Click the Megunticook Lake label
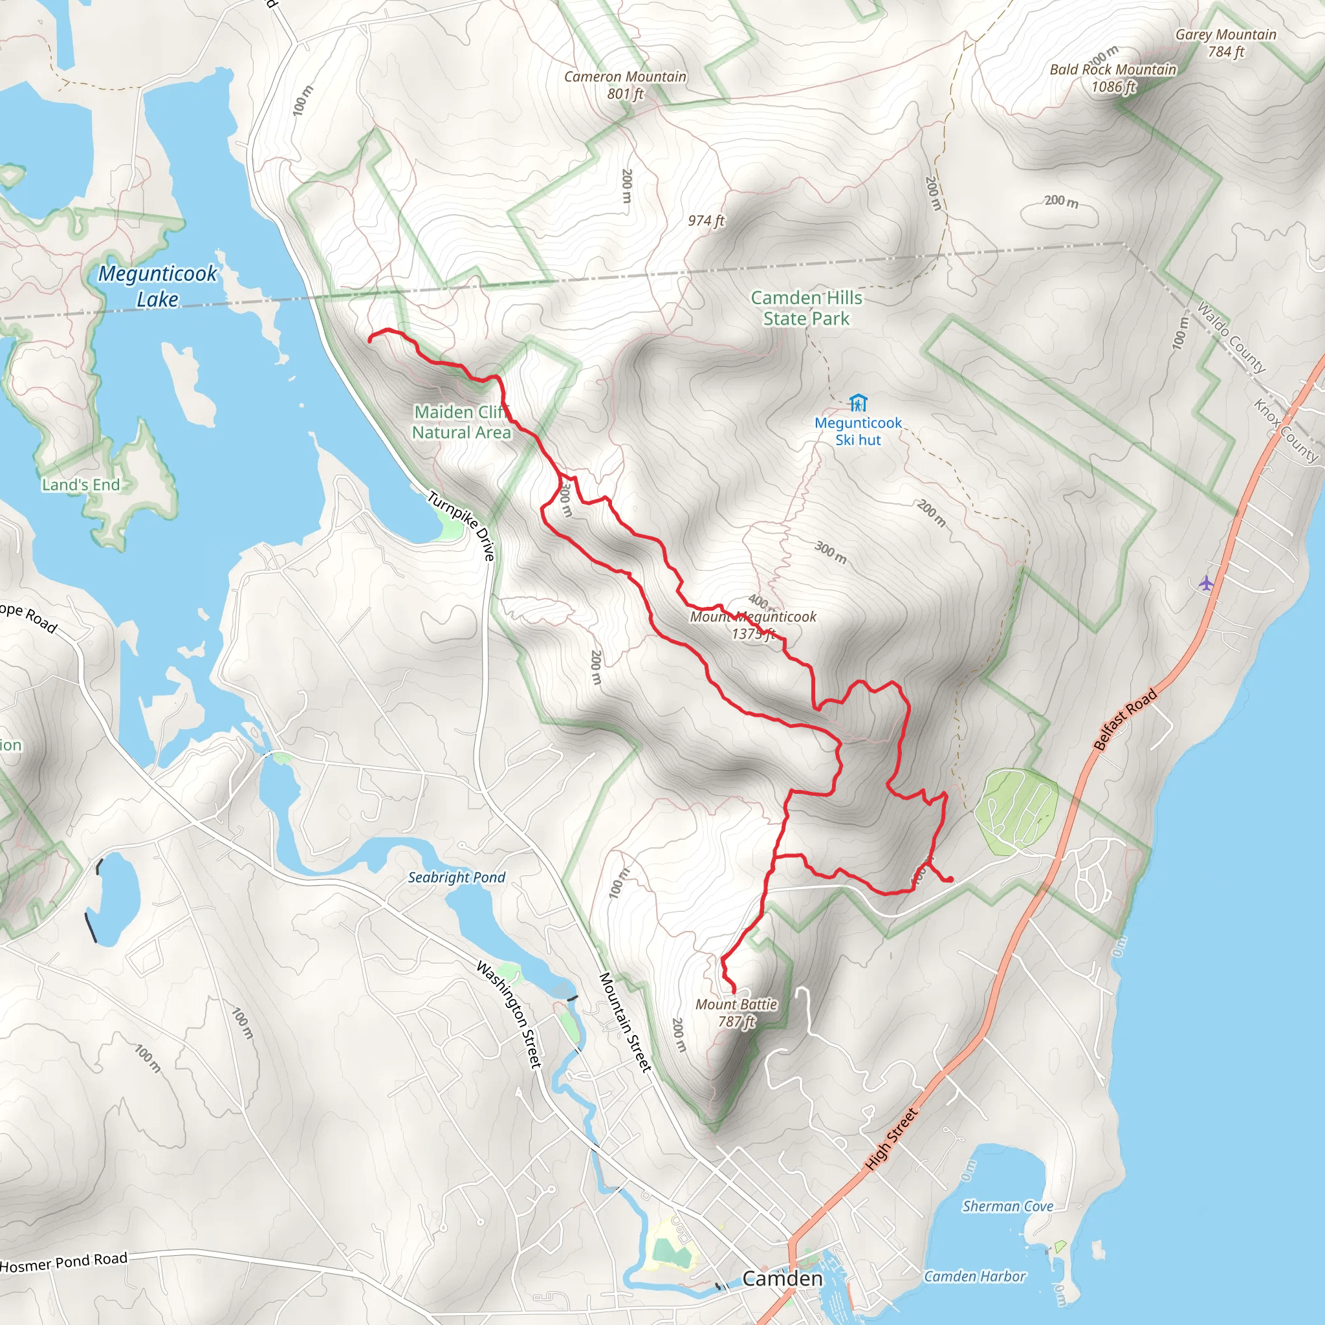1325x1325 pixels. point(158,286)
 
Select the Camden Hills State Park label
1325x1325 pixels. point(806,308)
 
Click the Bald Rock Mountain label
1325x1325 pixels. point(1112,78)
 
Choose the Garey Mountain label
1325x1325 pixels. point(1225,43)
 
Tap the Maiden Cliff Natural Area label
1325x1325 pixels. point(461,422)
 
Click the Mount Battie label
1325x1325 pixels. point(736,1013)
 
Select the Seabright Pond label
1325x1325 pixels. point(456,877)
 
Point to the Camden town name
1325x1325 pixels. point(783,1278)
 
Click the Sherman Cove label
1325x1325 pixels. point(1007,1207)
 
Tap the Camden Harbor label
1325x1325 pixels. point(974,1276)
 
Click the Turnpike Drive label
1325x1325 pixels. point(461,525)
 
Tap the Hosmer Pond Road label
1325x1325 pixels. point(64,1262)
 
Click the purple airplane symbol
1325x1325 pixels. point(1207,584)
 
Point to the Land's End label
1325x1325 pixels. point(81,485)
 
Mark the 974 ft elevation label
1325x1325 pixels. point(706,221)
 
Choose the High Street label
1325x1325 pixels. point(890,1139)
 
